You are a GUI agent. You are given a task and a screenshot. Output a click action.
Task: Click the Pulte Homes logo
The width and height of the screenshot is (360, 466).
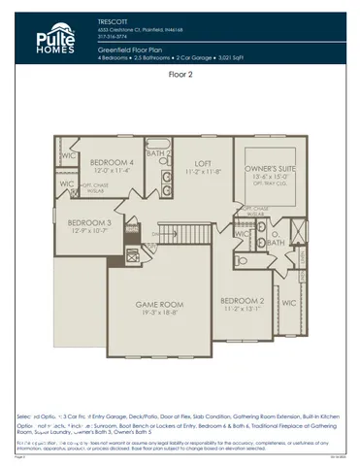45,37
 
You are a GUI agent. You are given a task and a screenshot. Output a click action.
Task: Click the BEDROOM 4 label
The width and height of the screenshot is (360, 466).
113,161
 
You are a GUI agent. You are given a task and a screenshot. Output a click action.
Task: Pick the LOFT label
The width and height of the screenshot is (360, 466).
202,163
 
